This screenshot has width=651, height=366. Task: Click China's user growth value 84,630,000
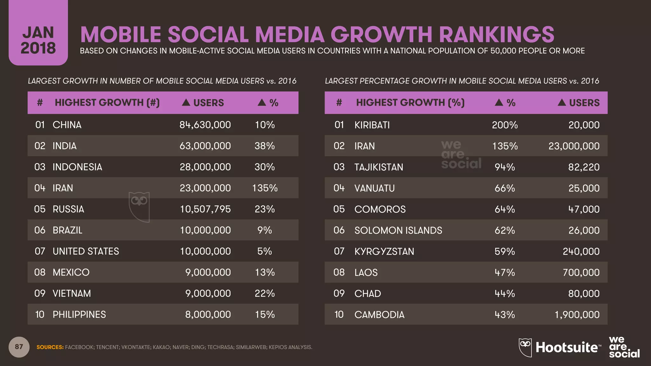coord(205,125)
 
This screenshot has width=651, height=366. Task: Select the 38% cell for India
coord(264,146)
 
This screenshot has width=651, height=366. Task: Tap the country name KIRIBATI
coord(372,125)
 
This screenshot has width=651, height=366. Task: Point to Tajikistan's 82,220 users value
coord(584,167)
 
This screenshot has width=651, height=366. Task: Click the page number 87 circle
coord(19,347)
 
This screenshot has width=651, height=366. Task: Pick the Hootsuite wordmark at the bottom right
coord(566,347)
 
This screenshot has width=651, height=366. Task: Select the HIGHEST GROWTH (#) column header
coord(107,103)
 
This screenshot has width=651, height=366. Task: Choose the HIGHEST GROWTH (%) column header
coord(410,103)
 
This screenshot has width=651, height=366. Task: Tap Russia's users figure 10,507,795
coord(205,209)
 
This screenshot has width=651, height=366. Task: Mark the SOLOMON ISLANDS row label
coord(398,230)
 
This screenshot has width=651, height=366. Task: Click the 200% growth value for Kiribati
coord(505,125)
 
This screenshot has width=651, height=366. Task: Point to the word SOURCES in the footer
coord(50,347)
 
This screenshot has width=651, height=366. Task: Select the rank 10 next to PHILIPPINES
coord(40,315)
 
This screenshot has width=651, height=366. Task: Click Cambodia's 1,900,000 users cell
coord(577,315)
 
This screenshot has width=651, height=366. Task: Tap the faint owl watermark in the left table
coord(139,207)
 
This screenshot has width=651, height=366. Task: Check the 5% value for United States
coord(264,251)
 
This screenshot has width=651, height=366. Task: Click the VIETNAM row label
coord(72,293)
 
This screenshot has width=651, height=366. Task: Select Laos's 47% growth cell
coord(504,272)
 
